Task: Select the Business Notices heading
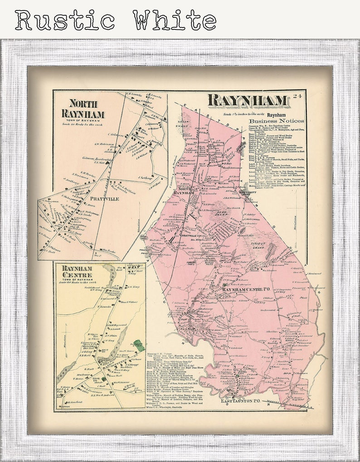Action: click(276, 121)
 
